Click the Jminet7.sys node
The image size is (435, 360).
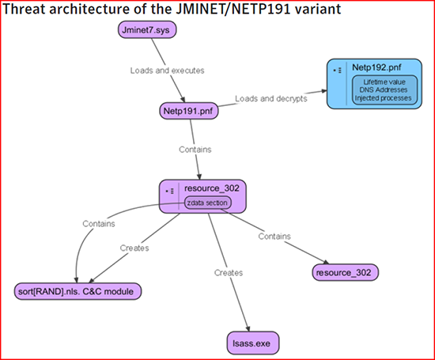(147, 30)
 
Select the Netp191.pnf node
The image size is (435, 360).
(189, 111)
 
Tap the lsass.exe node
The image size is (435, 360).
(253, 343)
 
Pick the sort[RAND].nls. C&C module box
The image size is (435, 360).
(78, 291)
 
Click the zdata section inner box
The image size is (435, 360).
(207, 203)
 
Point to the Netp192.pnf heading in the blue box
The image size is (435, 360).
(376, 67)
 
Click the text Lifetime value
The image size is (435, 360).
(384, 82)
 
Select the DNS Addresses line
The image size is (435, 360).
(384, 90)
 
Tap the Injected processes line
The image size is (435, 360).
(383, 98)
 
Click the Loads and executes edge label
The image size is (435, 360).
(168, 70)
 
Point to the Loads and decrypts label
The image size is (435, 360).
(271, 99)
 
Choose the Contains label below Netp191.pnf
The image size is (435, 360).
(195, 150)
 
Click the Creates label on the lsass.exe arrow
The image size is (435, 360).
(229, 273)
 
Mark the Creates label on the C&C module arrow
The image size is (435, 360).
(134, 248)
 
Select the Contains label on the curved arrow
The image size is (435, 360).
(99, 224)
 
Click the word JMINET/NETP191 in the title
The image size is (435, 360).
(233, 9)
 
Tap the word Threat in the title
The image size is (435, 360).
(24, 9)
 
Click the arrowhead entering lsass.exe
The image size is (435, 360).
(248, 328)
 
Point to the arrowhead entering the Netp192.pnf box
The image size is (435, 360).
(323, 91)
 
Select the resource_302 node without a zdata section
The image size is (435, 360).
(346, 272)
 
